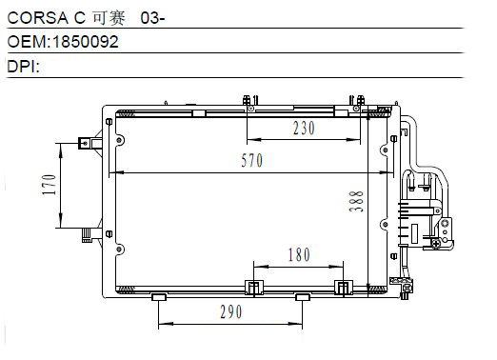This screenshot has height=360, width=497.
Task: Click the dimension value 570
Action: pyautogui.click(x=252, y=160)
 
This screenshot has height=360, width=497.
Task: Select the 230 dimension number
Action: pyautogui.click(x=304, y=129)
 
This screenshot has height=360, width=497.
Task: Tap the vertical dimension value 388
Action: pyautogui.click(x=356, y=201)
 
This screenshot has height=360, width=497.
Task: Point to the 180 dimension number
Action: pyautogui.click(x=299, y=254)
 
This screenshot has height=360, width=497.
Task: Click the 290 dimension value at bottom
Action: pyautogui.click(x=231, y=311)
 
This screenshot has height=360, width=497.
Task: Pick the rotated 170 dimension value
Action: pyautogui.click(x=50, y=185)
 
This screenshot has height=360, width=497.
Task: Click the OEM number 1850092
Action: pyautogui.click(x=86, y=42)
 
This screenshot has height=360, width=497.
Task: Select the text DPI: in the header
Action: pyautogui.click(x=24, y=67)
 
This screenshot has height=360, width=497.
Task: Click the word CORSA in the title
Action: pyautogui.click(x=38, y=18)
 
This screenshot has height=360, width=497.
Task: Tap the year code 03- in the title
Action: pyautogui.click(x=152, y=18)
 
